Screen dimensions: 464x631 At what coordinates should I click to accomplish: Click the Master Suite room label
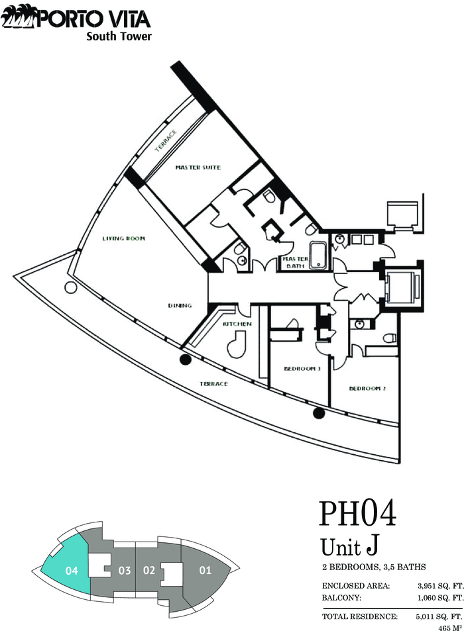point(198,168)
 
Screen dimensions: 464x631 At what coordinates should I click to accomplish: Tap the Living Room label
point(124,238)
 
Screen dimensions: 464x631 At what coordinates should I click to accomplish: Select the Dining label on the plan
point(180,305)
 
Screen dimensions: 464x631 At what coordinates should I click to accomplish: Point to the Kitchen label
point(237,324)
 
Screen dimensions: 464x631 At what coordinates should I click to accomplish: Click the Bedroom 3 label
point(302,368)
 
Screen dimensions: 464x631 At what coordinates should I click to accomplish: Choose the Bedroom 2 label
point(367,389)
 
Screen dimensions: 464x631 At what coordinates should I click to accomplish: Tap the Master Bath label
point(295,262)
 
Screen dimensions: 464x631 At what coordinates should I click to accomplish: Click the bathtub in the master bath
point(319,255)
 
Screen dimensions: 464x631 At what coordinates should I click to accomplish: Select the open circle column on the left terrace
point(70,287)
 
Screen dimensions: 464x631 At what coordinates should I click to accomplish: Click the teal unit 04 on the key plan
point(66,565)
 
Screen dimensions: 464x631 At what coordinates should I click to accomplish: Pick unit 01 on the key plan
point(205,570)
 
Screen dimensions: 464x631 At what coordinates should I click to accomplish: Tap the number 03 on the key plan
point(125,571)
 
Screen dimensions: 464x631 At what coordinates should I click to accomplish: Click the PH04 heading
point(357,514)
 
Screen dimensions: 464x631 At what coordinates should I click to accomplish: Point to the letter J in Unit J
point(372,546)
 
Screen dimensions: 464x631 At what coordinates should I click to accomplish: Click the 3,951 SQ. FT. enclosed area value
point(441,586)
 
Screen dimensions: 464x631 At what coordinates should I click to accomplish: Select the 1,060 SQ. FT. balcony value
point(441,598)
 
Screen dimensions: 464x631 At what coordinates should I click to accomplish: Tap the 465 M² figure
point(450,628)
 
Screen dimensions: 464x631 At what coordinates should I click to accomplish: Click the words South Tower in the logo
point(119,36)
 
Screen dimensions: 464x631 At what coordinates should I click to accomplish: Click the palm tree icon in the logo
point(18,18)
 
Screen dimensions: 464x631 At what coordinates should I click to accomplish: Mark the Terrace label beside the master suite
point(166,140)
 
